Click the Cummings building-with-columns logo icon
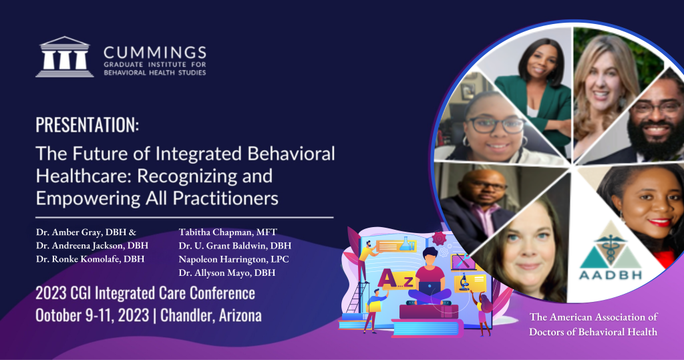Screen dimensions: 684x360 pos(65,57)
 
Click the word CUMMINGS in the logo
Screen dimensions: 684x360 pos(155,53)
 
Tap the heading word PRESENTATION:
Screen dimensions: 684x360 pos(88,125)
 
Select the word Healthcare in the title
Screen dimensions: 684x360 pos(81,176)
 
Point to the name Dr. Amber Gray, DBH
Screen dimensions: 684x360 pos(82,232)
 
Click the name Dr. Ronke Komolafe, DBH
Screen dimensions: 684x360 pos(90,258)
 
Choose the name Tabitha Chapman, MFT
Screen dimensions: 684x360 pos(228,232)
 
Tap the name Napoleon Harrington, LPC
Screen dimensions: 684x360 pos(234,259)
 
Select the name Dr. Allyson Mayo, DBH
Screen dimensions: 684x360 pos(227,273)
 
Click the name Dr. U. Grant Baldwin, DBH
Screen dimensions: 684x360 pos(234,246)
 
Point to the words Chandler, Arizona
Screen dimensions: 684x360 pos(211,315)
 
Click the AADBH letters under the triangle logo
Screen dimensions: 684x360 pos(611,275)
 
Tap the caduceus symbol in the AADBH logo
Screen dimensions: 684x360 pos(611,247)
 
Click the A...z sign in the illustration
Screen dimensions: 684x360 pos(396,279)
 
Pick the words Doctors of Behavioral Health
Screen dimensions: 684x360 pos(593,332)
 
